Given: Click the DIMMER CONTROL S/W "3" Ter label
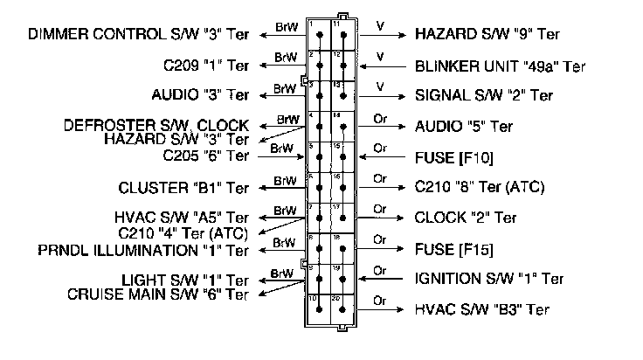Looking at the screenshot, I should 139,35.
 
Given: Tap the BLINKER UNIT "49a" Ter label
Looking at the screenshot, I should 500,66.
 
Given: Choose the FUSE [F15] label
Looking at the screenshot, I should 454,249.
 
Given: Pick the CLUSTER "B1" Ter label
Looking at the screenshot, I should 184,188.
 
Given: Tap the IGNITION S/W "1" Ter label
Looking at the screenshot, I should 489,280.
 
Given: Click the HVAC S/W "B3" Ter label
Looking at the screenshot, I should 481,309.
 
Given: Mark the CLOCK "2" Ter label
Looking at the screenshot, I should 465,218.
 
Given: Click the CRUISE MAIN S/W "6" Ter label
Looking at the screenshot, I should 158,294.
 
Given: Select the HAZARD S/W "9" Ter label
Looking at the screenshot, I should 487,35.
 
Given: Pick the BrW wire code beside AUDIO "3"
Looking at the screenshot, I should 283,87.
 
